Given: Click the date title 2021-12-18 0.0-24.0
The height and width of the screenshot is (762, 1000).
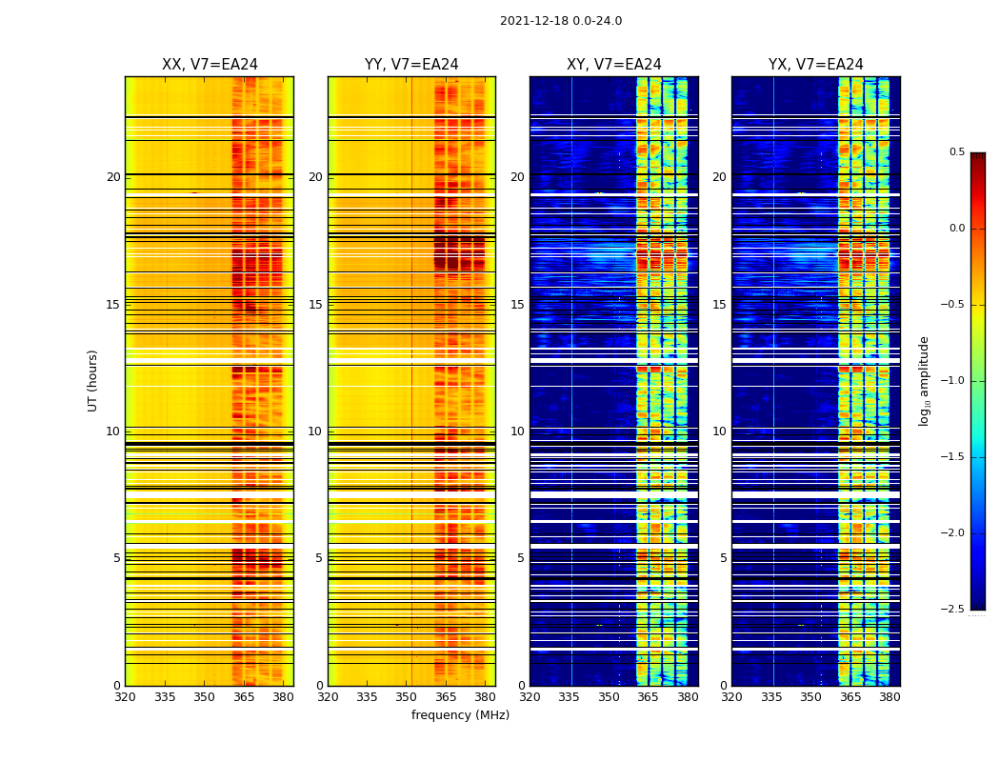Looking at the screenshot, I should tap(560, 21).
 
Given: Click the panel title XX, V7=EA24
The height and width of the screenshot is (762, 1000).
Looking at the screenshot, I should tap(210, 65).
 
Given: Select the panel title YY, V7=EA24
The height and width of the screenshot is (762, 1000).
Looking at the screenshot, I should tap(411, 65).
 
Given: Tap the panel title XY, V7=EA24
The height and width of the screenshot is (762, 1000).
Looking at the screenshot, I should tap(613, 65).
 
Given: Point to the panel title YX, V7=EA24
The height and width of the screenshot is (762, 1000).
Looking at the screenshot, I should tap(815, 65).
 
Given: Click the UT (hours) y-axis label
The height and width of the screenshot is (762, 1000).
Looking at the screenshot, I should tap(93, 380).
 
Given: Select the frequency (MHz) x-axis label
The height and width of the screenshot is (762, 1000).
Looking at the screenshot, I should tap(460, 715).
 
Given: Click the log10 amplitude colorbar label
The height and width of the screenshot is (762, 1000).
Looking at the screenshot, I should tap(923, 380).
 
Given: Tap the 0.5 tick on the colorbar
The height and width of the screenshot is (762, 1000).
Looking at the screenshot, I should tap(957, 152).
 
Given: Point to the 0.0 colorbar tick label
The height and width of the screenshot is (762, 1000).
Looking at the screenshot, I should tap(957, 229).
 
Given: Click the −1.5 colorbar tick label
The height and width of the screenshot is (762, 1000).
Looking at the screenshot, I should tap(953, 457).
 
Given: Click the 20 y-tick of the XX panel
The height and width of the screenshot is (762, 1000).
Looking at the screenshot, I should tap(113, 177).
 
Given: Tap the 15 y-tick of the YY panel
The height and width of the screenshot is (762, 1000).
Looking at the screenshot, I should tap(315, 305).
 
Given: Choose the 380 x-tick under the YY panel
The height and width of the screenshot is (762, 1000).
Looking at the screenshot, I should tap(485, 697).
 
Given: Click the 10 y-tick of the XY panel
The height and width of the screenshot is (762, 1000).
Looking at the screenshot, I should tap(517, 431).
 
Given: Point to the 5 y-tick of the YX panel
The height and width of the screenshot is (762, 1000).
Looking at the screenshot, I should tap(723, 558).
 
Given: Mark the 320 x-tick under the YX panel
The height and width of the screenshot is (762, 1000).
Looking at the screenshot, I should tap(731, 697).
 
